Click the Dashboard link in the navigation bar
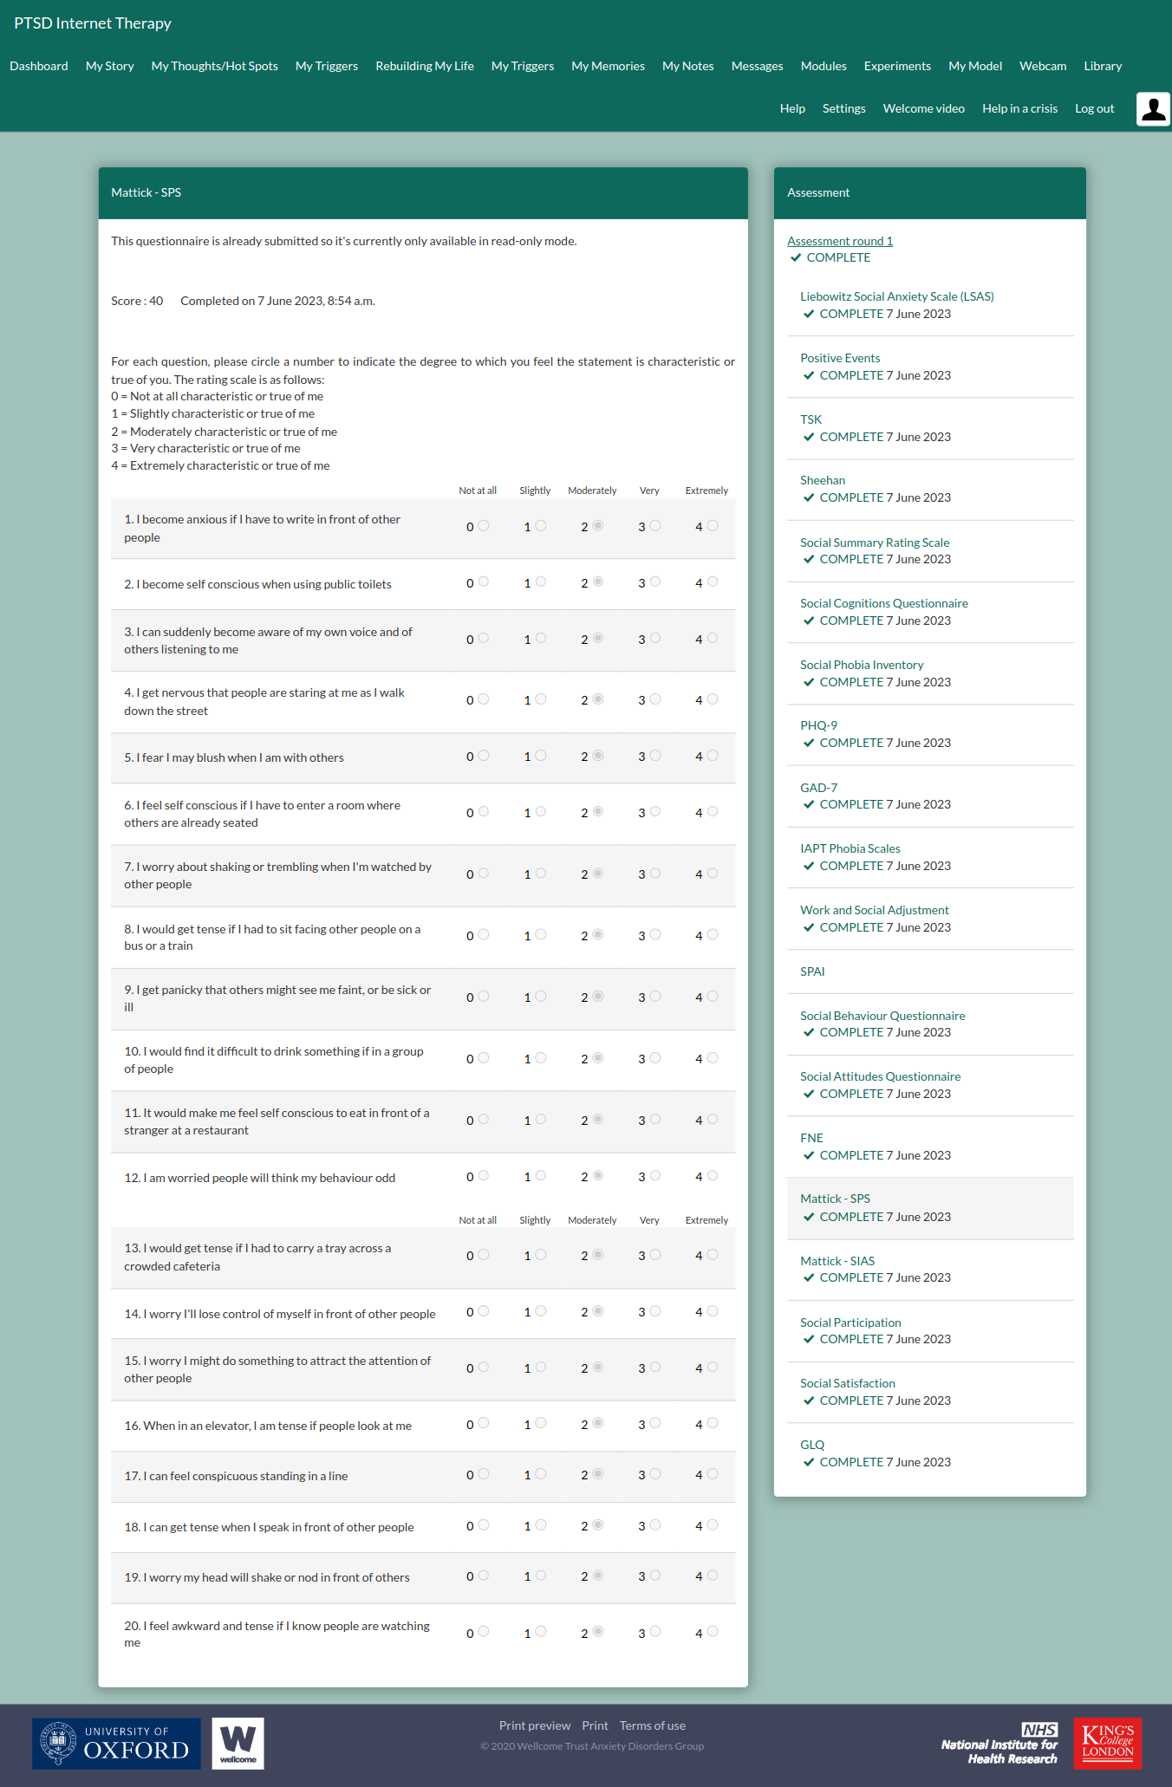39,66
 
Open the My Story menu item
110,66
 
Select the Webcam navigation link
1043,66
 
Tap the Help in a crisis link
1019,108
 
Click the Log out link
1094,108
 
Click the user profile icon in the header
1153,109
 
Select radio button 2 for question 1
598,526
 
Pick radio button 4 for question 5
713,756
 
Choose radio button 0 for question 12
484,1176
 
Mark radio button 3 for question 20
655,1632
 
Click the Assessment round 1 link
840,241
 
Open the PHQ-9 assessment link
818,725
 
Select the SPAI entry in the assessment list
812,971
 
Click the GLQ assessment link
812,1445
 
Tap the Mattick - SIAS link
837,1261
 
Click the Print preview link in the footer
535,1725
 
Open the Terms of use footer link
652,1725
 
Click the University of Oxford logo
116,1743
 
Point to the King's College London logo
1107,1743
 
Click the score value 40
156,301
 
